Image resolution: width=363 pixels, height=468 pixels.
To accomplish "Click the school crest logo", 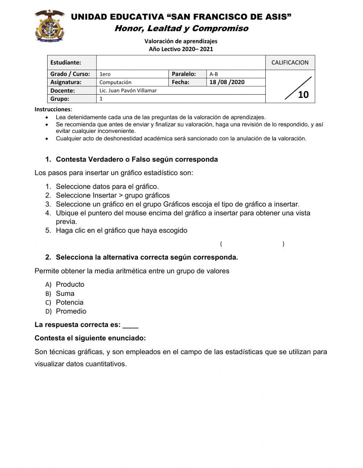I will tap(50, 26).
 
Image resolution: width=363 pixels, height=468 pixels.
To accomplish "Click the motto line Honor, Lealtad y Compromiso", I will tap(181, 28).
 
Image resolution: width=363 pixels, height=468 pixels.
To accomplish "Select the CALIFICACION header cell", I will tap(290, 62).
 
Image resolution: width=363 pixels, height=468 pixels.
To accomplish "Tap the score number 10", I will tap(303, 95).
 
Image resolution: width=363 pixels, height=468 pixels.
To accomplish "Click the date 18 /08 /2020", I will tap(227, 82).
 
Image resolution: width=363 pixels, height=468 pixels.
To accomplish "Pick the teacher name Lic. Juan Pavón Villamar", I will tap(128, 90).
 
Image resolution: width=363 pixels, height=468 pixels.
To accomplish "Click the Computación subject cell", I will tap(115, 82).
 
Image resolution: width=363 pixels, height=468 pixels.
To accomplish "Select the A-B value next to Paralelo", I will tap(214, 74).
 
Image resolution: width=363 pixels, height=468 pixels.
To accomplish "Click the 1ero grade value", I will tap(105, 74).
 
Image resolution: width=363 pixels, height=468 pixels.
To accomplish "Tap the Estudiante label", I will tap(66, 62).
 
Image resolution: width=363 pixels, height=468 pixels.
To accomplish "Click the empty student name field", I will tap(181, 62).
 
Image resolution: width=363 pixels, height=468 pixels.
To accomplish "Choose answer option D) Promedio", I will tap(71, 311).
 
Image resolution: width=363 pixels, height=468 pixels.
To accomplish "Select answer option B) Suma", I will tap(65, 293).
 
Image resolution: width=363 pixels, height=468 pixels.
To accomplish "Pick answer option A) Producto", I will tap(70, 285).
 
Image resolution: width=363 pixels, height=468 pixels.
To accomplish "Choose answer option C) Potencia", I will tap(69, 302).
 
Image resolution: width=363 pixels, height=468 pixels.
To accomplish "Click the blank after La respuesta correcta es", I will tap(130, 325).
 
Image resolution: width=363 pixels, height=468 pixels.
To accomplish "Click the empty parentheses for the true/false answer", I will tap(252, 244).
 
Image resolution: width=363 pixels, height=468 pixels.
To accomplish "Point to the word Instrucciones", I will tap(53, 109).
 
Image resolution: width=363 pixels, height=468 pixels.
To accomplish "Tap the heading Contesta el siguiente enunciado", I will tap(90, 338).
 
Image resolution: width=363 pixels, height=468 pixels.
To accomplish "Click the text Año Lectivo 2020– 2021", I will tap(181, 49).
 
